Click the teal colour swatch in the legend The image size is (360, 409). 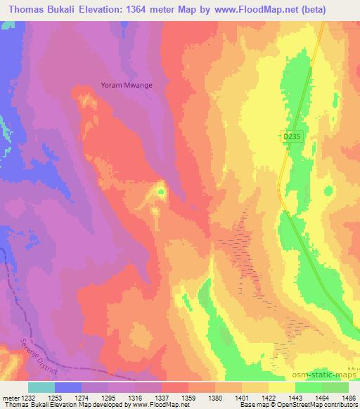[x=41, y=387]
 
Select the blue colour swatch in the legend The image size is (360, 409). [x=68, y=387]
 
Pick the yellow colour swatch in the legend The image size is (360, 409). [x=282, y=387]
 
